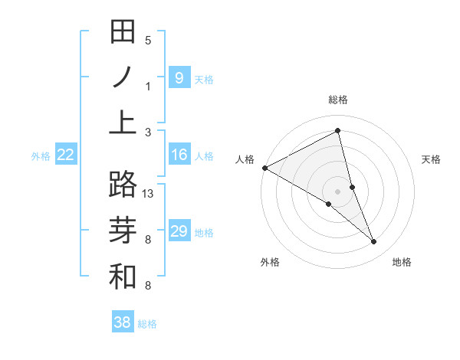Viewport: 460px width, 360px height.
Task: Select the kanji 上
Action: (x=123, y=122)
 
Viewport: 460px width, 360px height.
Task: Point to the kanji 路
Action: (x=123, y=185)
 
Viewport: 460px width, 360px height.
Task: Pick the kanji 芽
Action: (x=123, y=230)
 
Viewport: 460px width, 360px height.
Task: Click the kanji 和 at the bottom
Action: (x=123, y=275)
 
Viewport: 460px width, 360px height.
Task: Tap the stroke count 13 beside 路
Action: (x=149, y=194)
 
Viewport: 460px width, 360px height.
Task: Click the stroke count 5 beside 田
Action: (x=148, y=41)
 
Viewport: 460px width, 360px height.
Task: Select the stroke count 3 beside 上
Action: (x=148, y=132)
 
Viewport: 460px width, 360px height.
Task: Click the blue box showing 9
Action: (x=179, y=77)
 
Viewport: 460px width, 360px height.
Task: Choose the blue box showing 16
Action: (x=179, y=155)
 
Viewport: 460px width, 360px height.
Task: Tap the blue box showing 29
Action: (x=179, y=231)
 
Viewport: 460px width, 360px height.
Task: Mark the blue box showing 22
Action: (x=66, y=155)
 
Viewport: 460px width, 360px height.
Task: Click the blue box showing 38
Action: (x=123, y=322)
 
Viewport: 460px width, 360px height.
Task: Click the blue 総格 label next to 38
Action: (x=147, y=324)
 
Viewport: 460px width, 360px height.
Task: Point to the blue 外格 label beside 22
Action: (x=41, y=156)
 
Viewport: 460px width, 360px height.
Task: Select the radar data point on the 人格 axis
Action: (x=264, y=168)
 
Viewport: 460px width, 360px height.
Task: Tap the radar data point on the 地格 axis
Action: (x=374, y=241)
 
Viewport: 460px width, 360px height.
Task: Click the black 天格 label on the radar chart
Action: (x=432, y=159)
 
